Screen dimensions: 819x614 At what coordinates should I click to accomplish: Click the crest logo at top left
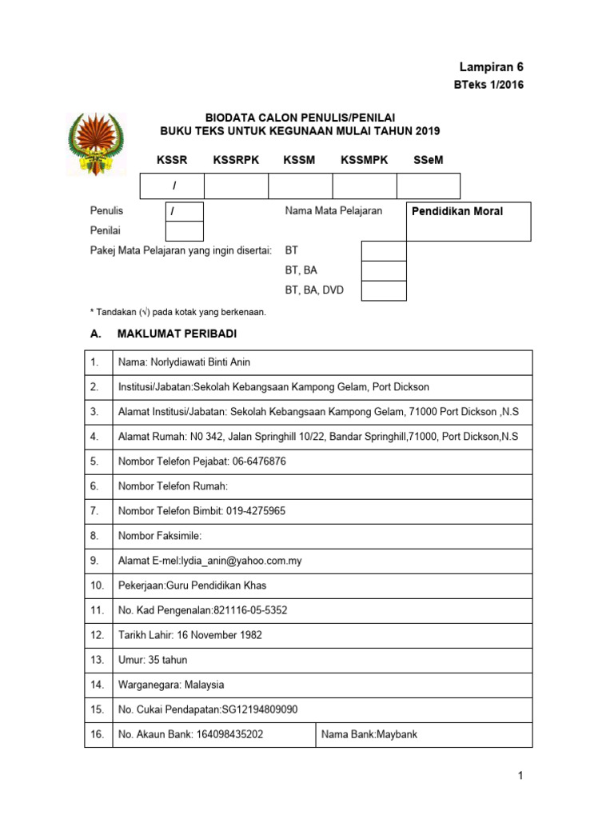click(x=97, y=143)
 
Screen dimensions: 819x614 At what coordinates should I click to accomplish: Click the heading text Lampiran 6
click(x=492, y=67)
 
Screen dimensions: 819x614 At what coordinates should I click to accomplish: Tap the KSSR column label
click(x=172, y=160)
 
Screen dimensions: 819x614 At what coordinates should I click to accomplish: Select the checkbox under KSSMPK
click(x=364, y=186)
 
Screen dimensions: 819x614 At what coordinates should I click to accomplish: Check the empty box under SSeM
click(x=428, y=186)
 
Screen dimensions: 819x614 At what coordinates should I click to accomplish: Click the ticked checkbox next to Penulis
click(x=184, y=212)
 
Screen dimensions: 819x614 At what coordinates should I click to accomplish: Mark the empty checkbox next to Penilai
click(x=184, y=231)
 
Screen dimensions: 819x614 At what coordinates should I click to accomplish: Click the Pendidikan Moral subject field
click(x=468, y=221)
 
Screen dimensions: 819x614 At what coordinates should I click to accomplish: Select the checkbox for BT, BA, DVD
click(x=383, y=290)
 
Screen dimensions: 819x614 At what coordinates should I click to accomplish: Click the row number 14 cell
click(x=98, y=685)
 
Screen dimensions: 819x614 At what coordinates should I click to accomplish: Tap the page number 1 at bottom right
click(x=520, y=775)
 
